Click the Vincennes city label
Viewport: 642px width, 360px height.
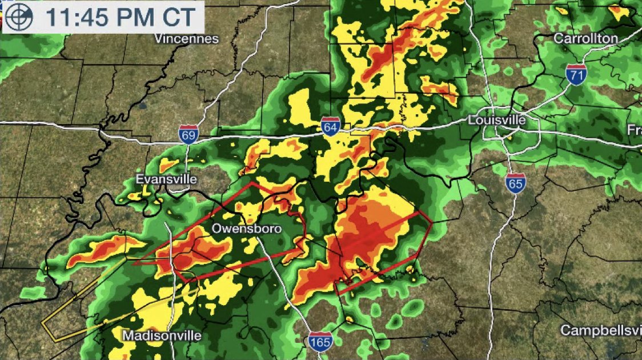pyautogui.click(x=187, y=39)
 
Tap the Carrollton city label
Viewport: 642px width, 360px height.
pyautogui.click(x=586, y=38)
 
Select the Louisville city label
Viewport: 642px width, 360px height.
pyautogui.click(x=496, y=121)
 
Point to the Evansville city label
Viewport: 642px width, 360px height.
pyautogui.click(x=166, y=179)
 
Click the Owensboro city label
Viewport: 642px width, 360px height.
pyautogui.click(x=247, y=229)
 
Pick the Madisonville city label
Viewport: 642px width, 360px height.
pyautogui.click(x=162, y=335)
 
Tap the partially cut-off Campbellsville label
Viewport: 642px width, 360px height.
pyautogui.click(x=600, y=330)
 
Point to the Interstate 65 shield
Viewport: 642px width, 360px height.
pyautogui.click(x=515, y=183)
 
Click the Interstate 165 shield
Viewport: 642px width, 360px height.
pyautogui.click(x=319, y=342)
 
